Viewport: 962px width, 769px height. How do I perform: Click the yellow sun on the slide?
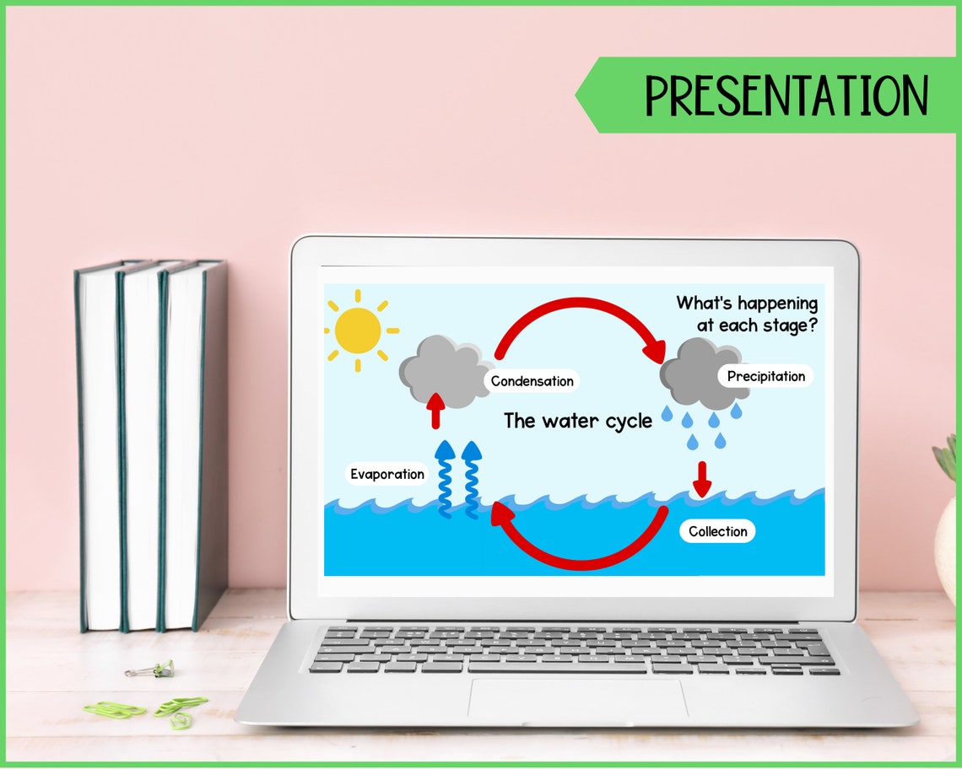click(358, 330)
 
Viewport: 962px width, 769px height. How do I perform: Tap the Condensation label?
click(532, 381)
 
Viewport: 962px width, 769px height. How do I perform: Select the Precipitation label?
click(765, 376)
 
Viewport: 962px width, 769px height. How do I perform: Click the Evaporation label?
click(387, 474)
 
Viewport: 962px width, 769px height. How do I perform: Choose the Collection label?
click(717, 531)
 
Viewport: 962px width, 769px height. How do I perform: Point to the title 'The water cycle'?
click(578, 421)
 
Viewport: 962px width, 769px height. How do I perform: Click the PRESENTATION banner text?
click(786, 95)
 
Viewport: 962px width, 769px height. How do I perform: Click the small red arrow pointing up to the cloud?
click(435, 411)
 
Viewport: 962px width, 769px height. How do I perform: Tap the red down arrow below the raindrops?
click(702, 478)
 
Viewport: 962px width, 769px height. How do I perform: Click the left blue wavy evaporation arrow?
click(444, 480)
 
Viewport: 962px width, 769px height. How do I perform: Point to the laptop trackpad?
click(578, 699)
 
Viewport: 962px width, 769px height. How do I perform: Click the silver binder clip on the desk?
click(150, 670)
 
